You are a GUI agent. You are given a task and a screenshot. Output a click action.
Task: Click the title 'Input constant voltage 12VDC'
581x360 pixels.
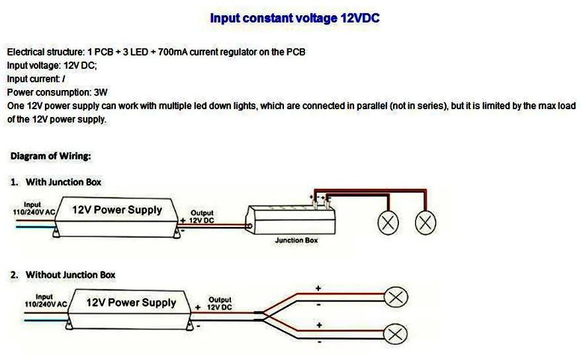point(294,19)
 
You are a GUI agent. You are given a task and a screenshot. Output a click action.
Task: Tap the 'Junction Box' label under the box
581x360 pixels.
point(296,240)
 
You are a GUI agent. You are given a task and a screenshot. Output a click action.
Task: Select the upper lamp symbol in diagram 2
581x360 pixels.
point(396,297)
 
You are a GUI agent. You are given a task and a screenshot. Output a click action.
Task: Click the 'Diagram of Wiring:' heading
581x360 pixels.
point(51,156)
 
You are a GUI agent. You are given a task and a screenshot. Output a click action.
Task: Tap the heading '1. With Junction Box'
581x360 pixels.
point(56,181)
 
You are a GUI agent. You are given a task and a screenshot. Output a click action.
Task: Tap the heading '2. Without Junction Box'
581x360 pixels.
point(63,274)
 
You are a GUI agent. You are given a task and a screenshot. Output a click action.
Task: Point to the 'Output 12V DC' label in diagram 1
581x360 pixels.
point(202,216)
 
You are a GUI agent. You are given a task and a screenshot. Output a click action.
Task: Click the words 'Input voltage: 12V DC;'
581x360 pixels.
point(52,66)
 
